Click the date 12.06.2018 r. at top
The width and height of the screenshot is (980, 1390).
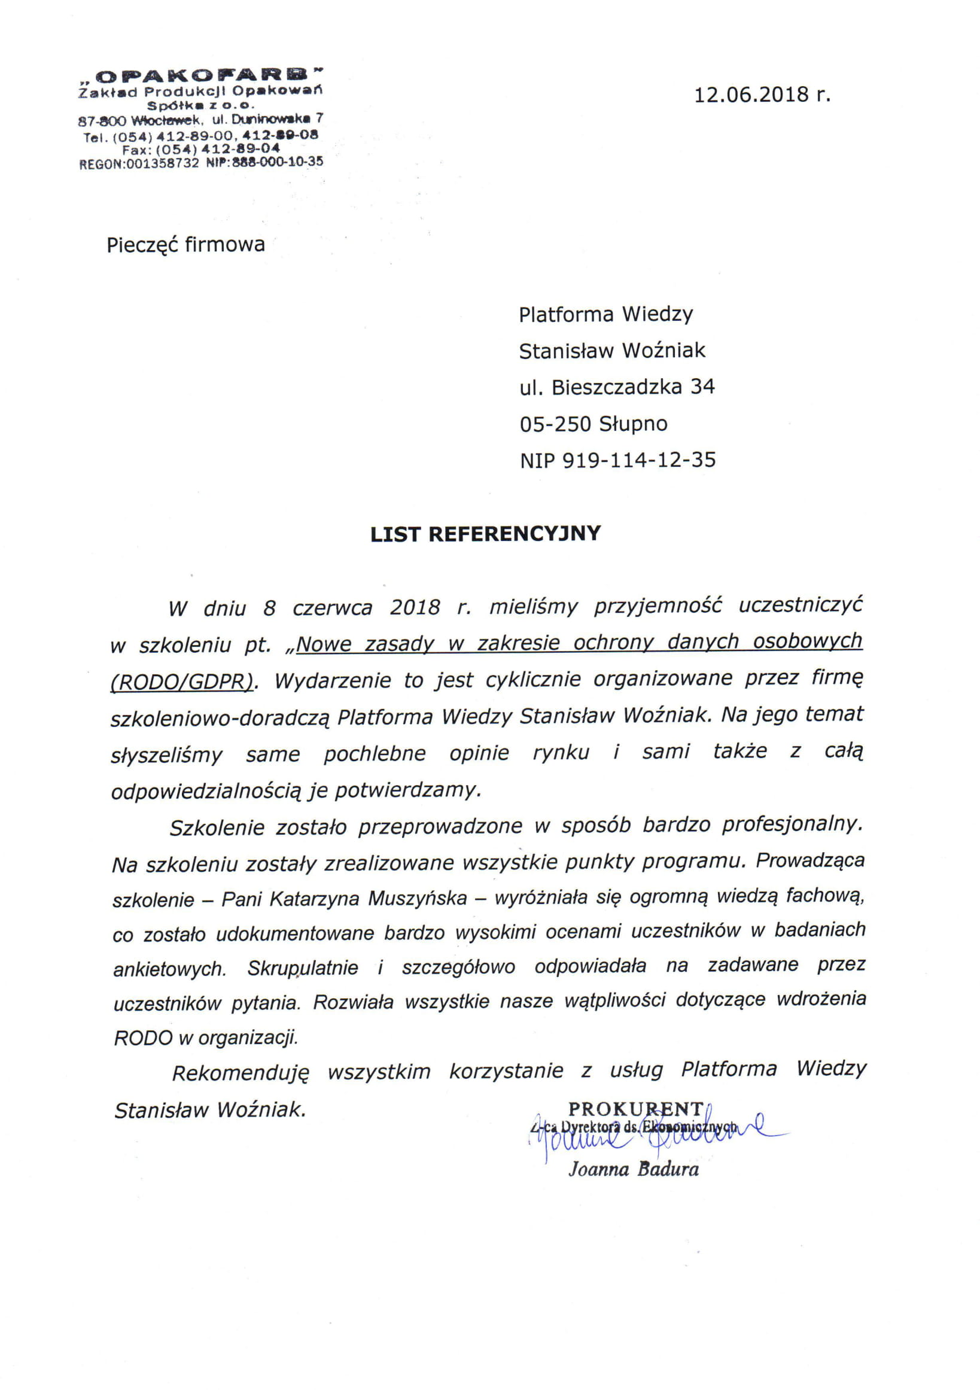(762, 95)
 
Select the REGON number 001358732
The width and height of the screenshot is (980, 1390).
(162, 163)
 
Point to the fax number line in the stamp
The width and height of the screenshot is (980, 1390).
(201, 148)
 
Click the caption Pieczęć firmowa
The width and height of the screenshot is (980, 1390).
(186, 245)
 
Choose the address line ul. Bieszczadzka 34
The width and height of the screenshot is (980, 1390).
(617, 387)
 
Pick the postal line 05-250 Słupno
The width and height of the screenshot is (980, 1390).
(594, 424)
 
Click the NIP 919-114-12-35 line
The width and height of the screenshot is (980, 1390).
(617, 460)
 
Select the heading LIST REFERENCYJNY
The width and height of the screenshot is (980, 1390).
(485, 533)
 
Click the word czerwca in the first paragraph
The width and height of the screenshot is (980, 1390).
(332, 608)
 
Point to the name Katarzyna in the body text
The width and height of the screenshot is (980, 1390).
(314, 899)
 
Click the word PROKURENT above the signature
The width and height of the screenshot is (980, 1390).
(635, 1109)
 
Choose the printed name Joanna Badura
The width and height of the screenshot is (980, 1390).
(633, 1170)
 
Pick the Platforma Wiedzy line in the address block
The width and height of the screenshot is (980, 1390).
(606, 314)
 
